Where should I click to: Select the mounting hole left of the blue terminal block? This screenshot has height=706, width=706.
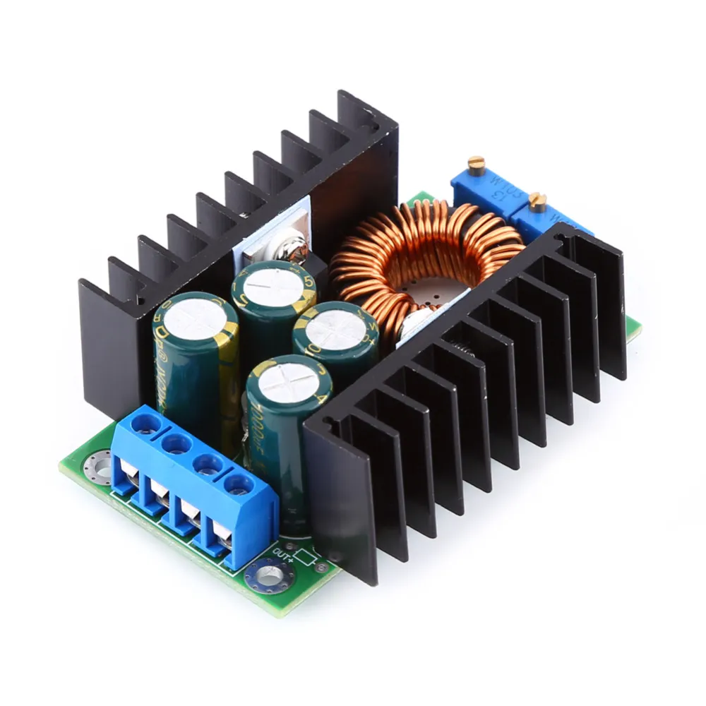(x=97, y=466)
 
